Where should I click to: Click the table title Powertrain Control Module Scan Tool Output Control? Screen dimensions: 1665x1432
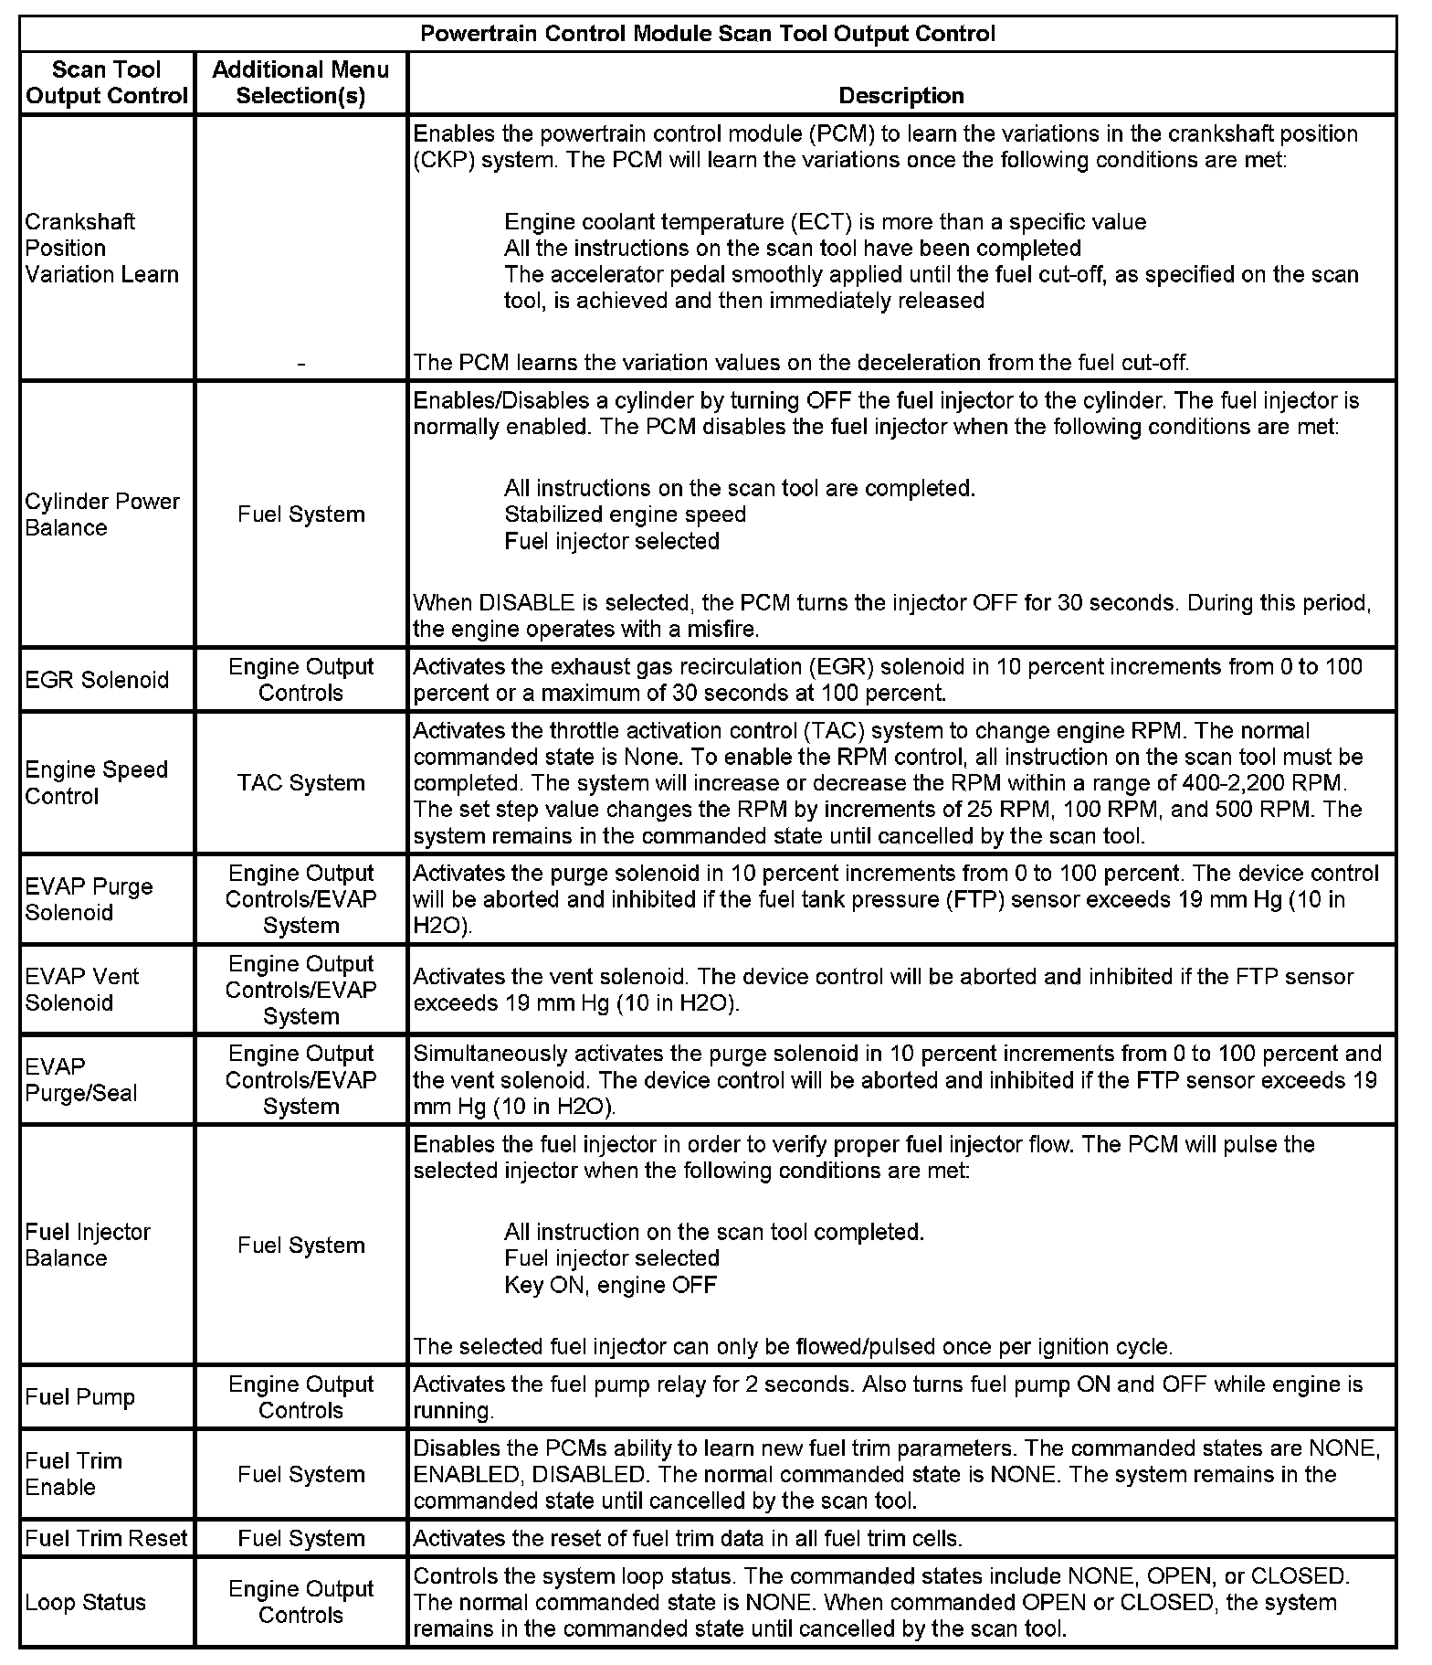pos(708,35)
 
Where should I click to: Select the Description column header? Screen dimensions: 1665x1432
pos(901,95)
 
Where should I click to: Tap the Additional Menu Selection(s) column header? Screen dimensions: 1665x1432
pos(300,82)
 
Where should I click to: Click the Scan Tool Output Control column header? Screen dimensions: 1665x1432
pos(107,82)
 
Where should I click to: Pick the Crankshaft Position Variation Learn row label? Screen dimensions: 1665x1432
pos(101,248)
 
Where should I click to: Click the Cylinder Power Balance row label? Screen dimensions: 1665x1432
pos(102,514)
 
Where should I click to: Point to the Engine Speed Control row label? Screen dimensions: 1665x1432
pos(97,782)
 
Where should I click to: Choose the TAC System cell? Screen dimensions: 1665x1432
pos(300,782)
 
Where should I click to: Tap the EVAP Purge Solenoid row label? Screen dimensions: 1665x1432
pos(89,899)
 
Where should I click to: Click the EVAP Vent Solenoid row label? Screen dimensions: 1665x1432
pos(82,989)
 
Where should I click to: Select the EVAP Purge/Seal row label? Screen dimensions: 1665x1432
pos(81,1079)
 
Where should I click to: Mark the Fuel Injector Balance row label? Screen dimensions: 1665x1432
pos(88,1245)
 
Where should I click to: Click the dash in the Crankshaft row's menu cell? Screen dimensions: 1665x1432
pos(300,364)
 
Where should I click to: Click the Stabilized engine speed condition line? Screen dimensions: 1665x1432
pos(625,514)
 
